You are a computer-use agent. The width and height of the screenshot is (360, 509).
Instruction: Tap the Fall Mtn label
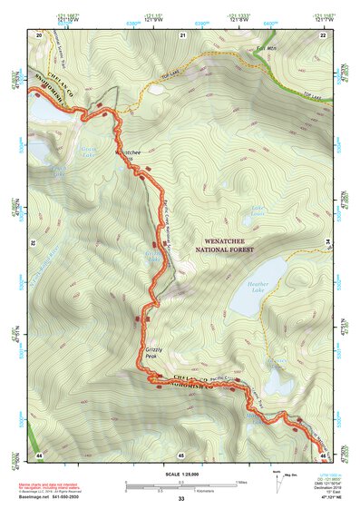(x=265, y=48)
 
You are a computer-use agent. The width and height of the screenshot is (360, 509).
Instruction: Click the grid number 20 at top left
(x=39, y=34)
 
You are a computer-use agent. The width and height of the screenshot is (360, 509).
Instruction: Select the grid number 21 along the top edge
(x=182, y=34)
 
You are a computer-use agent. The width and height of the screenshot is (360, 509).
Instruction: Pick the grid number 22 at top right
(x=323, y=34)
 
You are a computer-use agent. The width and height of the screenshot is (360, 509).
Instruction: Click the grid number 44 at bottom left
(x=39, y=453)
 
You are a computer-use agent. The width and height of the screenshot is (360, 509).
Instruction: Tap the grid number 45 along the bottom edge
(x=181, y=453)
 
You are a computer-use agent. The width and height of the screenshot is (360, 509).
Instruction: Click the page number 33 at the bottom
(x=181, y=499)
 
